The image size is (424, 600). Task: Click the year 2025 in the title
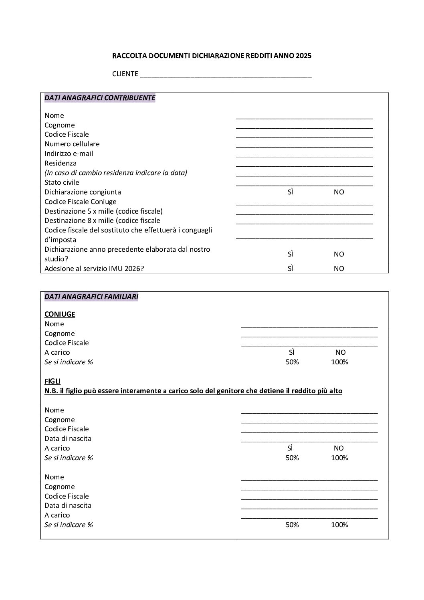tap(303, 56)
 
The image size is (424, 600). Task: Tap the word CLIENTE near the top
tap(125, 74)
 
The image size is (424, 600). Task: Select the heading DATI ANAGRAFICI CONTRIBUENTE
tap(100, 98)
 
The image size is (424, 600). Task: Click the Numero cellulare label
tap(72, 144)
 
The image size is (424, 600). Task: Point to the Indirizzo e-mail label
tap(69, 154)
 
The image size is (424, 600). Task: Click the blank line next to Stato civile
tap(304, 184)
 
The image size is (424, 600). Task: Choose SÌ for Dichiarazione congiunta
tap(291, 192)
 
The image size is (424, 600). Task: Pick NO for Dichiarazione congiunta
tap(339, 192)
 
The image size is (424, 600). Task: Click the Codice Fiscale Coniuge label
tap(80, 202)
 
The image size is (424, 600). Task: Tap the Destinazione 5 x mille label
tap(103, 211)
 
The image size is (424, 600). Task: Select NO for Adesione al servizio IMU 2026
tap(339, 269)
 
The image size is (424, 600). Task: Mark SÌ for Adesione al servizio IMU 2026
tap(291, 269)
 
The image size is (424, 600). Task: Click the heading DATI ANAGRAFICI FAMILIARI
tap(91, 297)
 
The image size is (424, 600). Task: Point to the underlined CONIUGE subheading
tap(60, 314)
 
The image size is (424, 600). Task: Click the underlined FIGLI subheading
tap(52, 381)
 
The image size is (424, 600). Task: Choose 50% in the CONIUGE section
tap(292, 362)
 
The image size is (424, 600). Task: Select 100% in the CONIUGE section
tap(339, 362)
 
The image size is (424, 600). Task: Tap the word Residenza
tap(61, 163)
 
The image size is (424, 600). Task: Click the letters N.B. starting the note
tap(51, 391)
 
